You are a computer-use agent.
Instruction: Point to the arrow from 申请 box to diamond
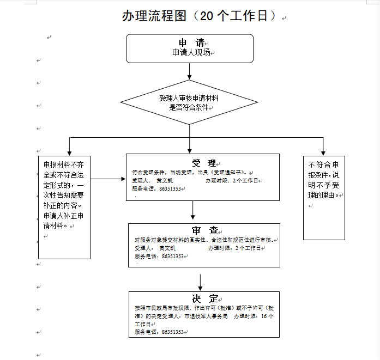[189, 71]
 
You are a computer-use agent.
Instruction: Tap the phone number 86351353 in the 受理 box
[170, 188]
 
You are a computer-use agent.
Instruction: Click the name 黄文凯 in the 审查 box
[167, 248]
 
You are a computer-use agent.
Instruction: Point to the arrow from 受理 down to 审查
[193, 210]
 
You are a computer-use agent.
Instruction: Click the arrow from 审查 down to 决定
[201, 280]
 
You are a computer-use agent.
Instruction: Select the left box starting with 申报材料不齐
[64, 206]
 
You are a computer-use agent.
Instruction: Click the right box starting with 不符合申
[324, 197]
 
